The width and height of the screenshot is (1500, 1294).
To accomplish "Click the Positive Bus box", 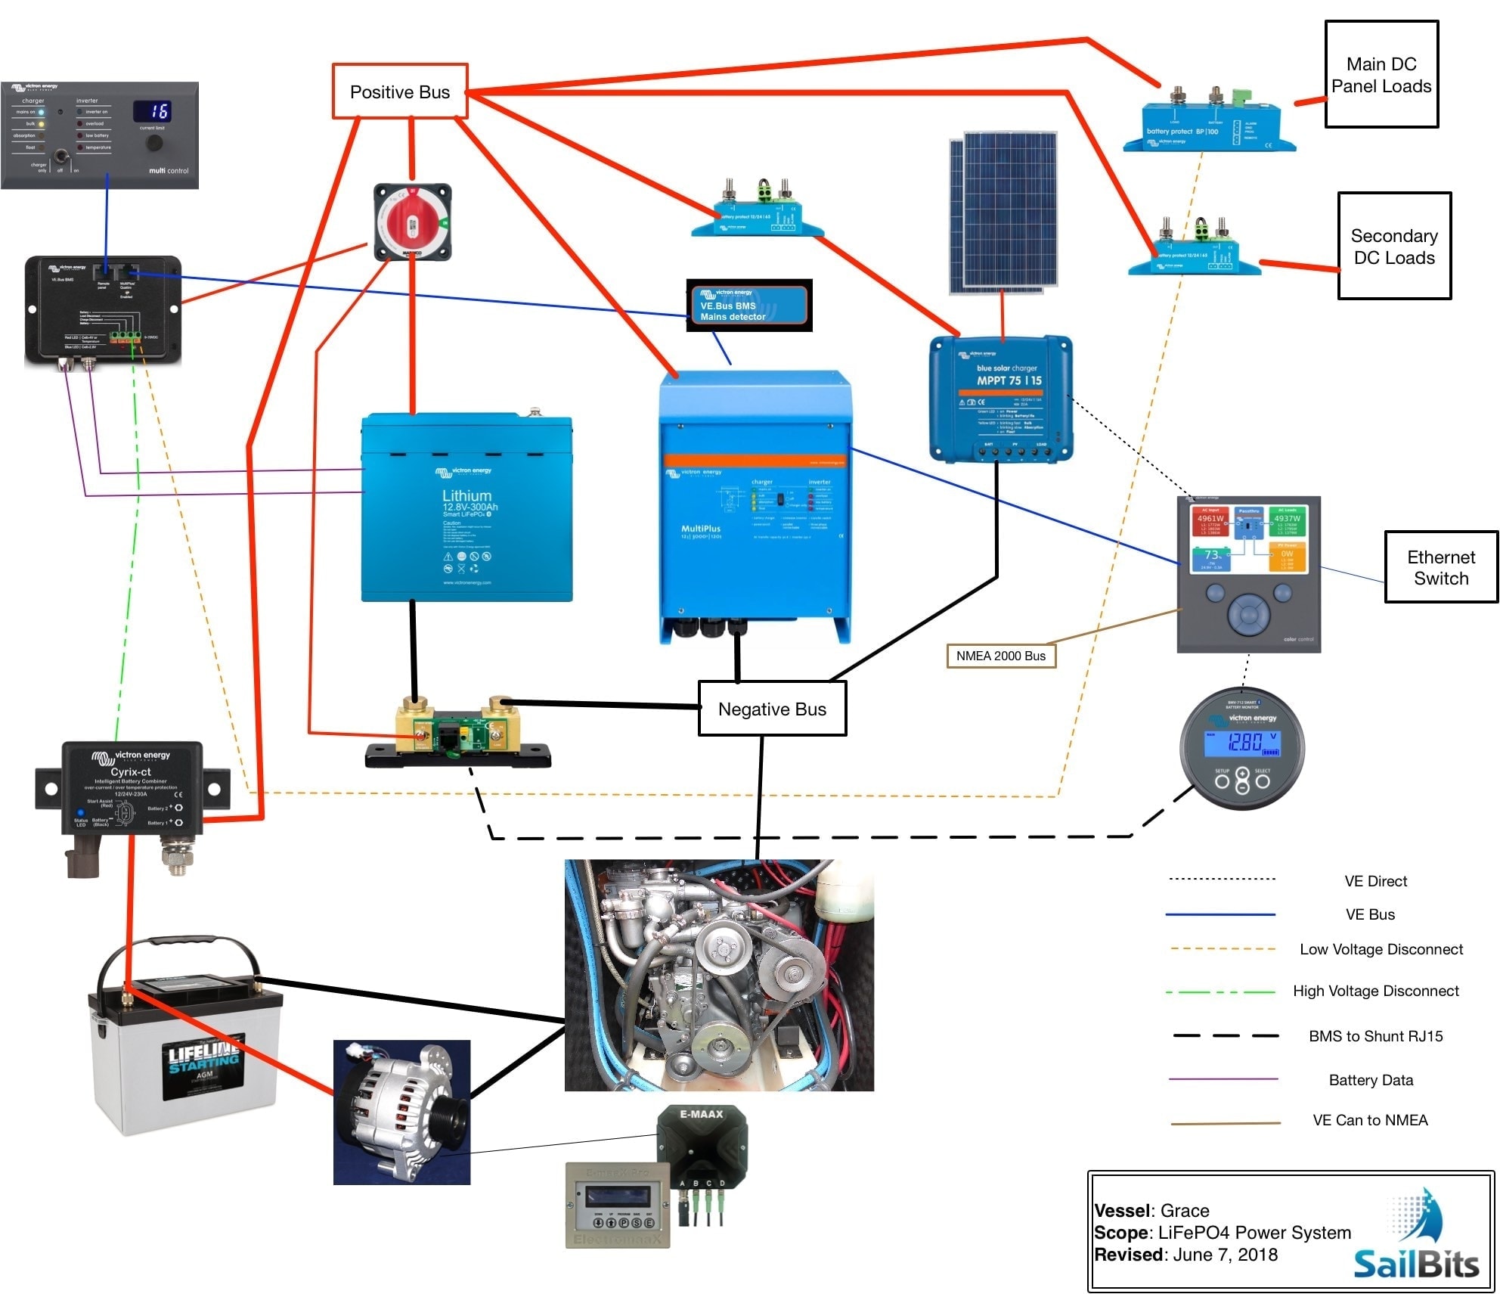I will pos(400,92).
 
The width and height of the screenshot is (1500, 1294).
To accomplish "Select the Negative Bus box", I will pos(772,709).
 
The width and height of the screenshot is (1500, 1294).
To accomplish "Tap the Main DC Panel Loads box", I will pos(1381,75).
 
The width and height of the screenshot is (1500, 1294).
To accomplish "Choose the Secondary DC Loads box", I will pos(1393,247).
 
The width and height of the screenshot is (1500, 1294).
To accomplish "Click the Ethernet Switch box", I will pos(1440,567).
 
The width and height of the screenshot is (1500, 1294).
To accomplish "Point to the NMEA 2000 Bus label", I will pos(1000,656).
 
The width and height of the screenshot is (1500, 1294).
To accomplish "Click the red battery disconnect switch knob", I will pos(413,223).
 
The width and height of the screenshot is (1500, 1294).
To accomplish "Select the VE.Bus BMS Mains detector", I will pos(748,306).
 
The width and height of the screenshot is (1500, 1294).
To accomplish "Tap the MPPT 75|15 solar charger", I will pos(1000,399).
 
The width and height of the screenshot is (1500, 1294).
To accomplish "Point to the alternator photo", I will pos(401,1112).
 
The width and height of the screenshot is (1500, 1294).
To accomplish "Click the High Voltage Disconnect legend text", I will pos(1375,991).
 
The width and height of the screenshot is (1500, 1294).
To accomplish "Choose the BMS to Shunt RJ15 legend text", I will pos(1375,1036).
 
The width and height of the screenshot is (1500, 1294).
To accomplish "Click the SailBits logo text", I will pos(1415,1264).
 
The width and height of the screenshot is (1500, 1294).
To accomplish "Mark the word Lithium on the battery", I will pos(466,495).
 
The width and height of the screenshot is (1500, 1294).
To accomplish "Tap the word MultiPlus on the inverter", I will pos(700,529).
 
